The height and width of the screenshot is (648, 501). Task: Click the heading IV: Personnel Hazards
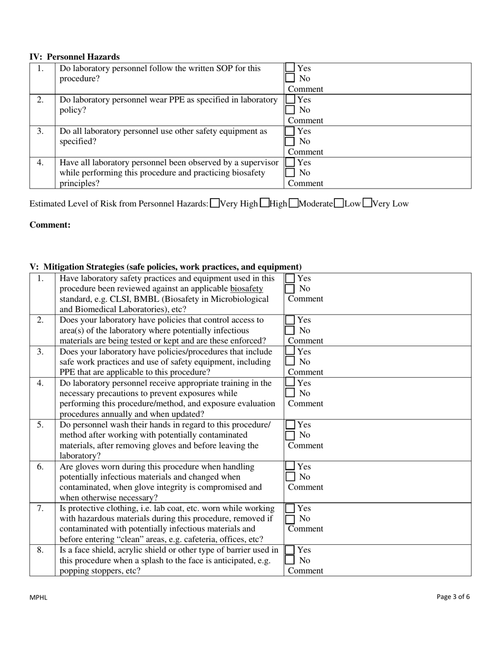[x=74, y=57]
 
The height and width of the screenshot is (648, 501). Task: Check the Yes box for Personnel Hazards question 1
[x=290, y=68]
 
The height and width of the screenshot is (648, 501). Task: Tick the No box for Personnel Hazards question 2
[x=290, y=110]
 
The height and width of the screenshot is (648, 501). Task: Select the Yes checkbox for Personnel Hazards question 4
[x=290, y=163]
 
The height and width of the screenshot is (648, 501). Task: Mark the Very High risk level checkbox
[x=215, y=203]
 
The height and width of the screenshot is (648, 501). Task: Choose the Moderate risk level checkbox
[x=294, y=203]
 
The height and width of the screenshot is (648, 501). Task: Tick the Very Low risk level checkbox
[x=368, y=203]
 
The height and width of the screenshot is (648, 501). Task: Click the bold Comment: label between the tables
[x=50, y=225]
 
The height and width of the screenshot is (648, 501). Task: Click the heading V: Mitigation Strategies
[x=166, y=267]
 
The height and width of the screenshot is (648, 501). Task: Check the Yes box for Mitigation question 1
[x=290, y=278]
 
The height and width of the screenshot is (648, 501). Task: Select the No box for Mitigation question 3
[x=290, y=362]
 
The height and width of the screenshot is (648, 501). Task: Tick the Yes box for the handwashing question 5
[x=290, y=425]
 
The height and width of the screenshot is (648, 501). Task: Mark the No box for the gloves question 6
[x=290, y=477]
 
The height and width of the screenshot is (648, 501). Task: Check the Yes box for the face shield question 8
[x=290, y=549]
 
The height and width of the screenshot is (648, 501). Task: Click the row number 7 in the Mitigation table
[x=41, y=508]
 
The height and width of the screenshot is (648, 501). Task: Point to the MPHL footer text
[x=38, y=597]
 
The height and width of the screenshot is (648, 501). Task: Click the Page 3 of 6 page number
[x=453, y=597]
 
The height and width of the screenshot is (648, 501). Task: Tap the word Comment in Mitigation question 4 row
[x=305, y=404]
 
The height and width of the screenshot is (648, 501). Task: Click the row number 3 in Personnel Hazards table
[x=41, y=131]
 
